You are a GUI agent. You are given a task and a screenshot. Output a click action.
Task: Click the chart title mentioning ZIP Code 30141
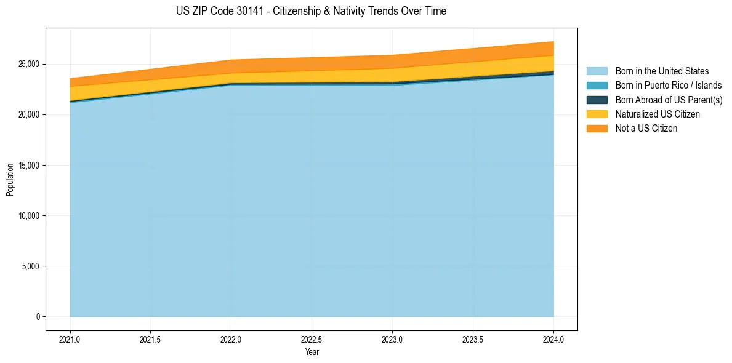pos(311,11)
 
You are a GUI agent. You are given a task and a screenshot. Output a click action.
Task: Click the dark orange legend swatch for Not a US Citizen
pos(597,129)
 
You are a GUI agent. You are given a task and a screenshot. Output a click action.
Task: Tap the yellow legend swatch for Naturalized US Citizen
pos(597,114)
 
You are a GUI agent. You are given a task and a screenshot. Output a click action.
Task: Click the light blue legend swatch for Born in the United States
pos(597,71)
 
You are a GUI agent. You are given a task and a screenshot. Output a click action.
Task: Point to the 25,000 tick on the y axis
pos(28,64)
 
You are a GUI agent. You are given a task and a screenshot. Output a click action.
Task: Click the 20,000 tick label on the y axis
pos(28,115)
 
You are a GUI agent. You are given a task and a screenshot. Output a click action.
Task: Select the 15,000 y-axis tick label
pos(28,166)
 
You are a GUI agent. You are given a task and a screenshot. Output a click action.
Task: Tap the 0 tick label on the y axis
pos(38,317)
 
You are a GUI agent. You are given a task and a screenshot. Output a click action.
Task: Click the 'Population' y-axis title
pos(10,180)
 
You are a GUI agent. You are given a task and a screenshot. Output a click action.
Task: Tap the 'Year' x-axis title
pos(312,353)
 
